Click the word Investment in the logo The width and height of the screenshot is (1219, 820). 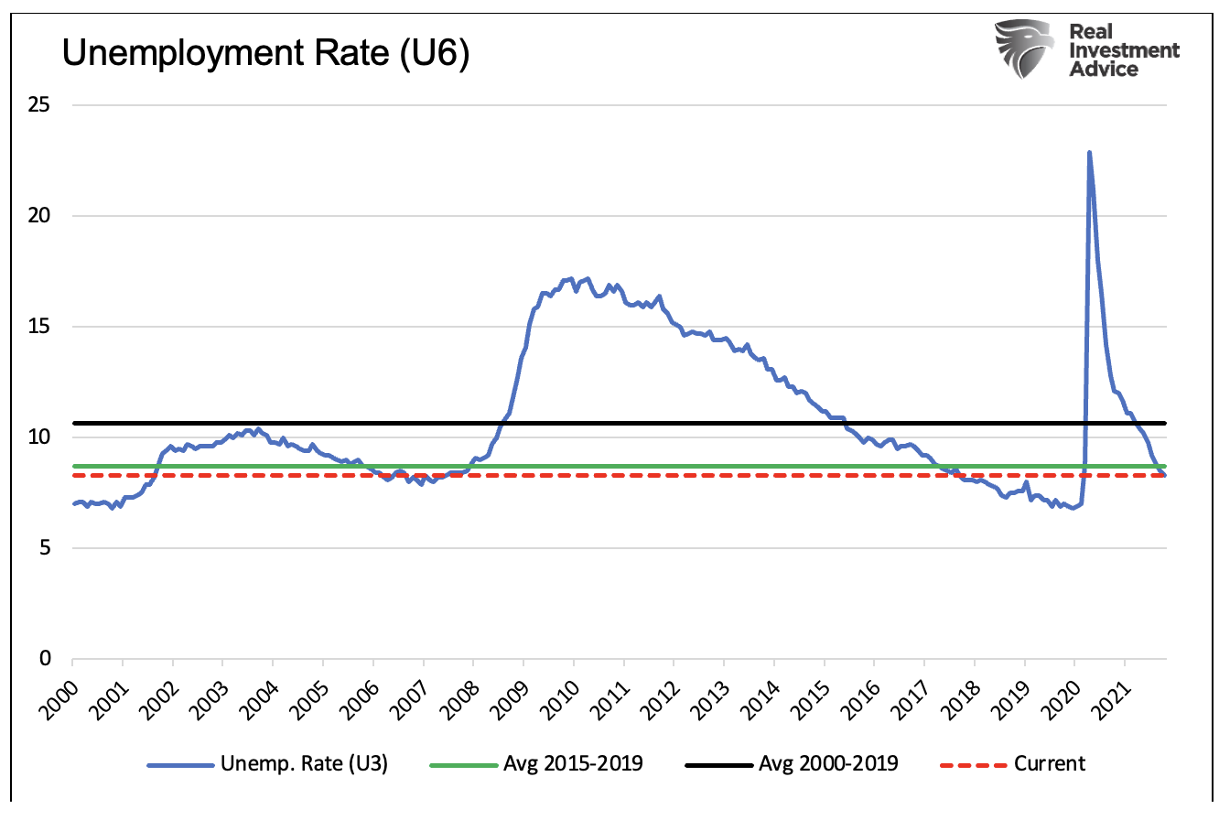(1125, 50)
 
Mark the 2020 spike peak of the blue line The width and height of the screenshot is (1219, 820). (1089, 152)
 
